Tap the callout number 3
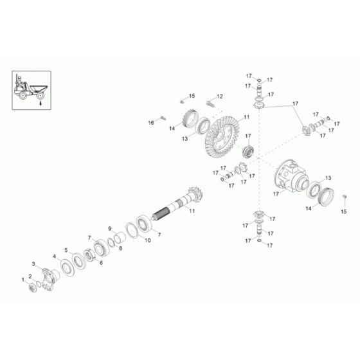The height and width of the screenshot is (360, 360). (x=33, y=264)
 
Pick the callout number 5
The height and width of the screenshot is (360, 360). (x=65, y=249)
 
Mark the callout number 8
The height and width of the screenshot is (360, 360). (x=120, y=246)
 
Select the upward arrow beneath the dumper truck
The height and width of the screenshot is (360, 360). (x=40, y=102)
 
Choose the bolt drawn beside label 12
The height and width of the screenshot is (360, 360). (x=208, y=101)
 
